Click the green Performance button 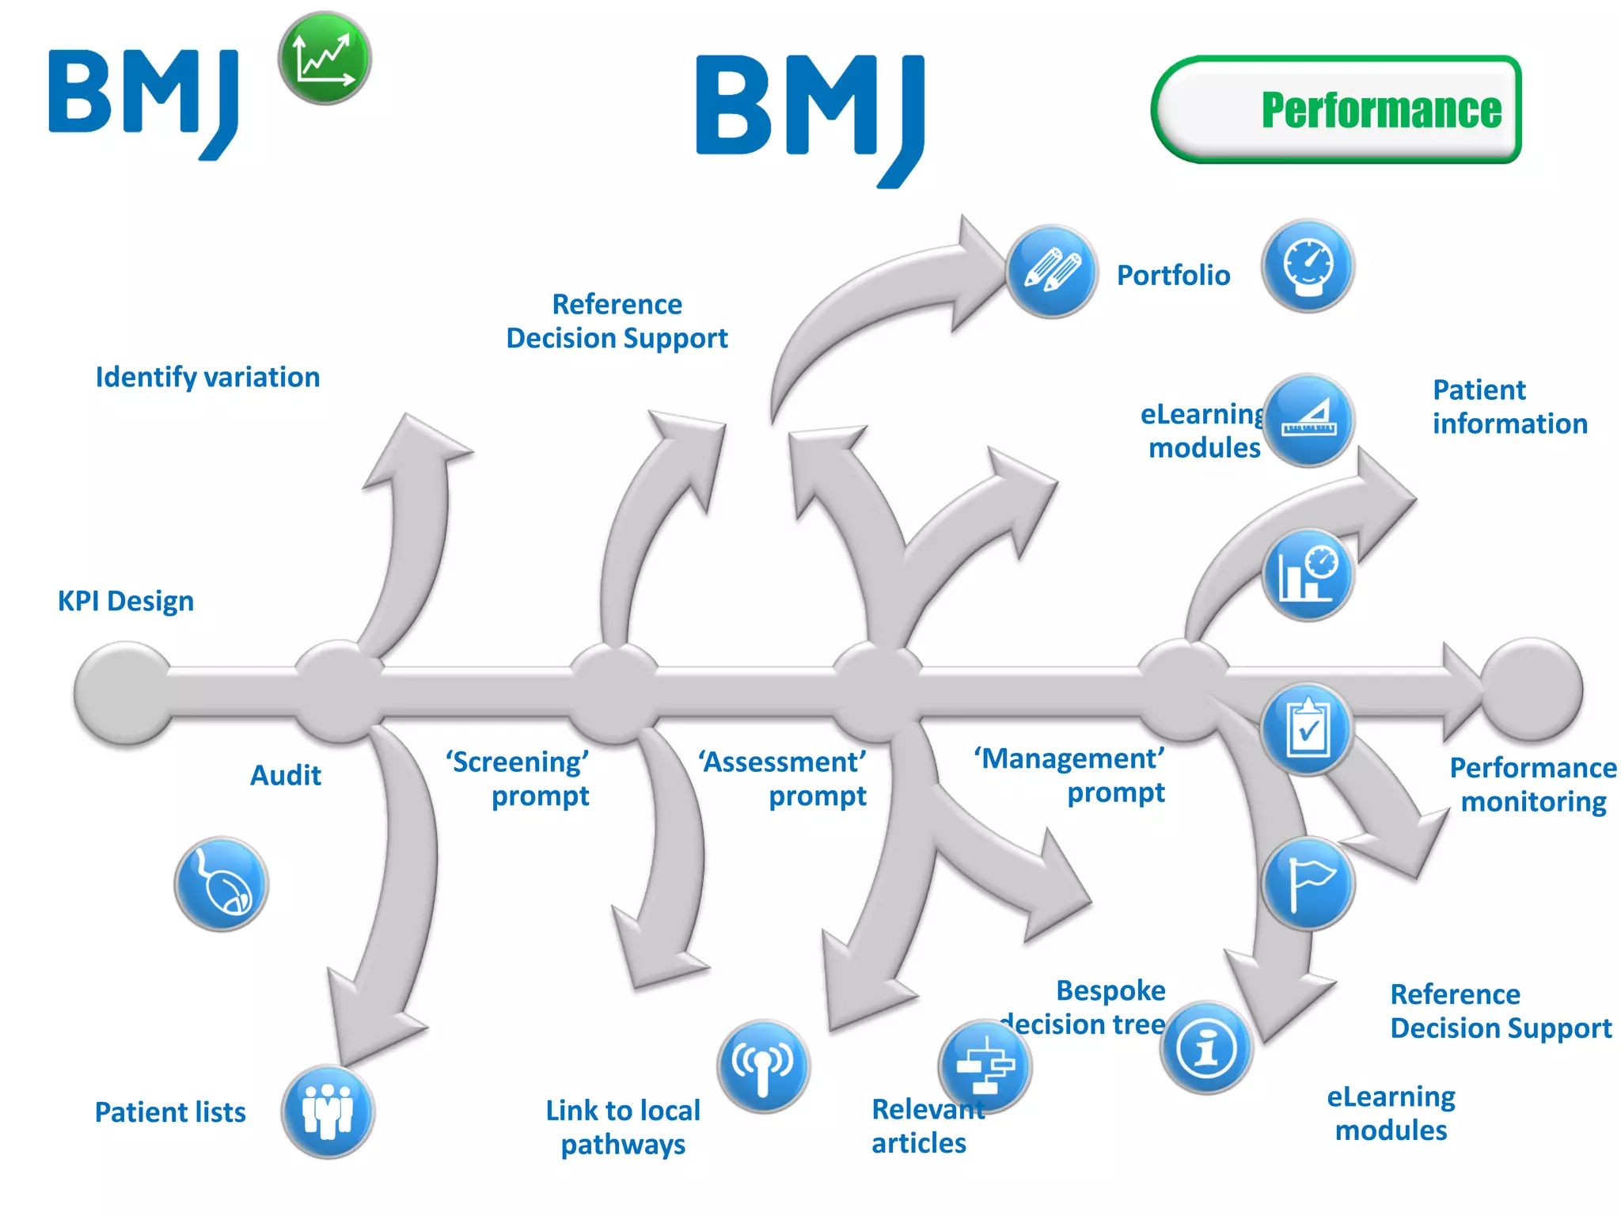1337,109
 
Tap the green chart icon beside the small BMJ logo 325,59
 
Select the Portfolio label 1173,275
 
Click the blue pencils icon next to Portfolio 1052,272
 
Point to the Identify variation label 207,377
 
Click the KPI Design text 126,601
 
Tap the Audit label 286,775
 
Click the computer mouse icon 222,883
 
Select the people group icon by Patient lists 328,1111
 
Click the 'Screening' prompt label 518,778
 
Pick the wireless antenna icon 763,1066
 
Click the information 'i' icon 1206,1047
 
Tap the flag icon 1308,883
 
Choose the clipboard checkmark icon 1308,729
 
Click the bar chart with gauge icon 1308,575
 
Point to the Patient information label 1509,407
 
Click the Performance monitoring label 1532,785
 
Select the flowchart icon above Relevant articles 985,1066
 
